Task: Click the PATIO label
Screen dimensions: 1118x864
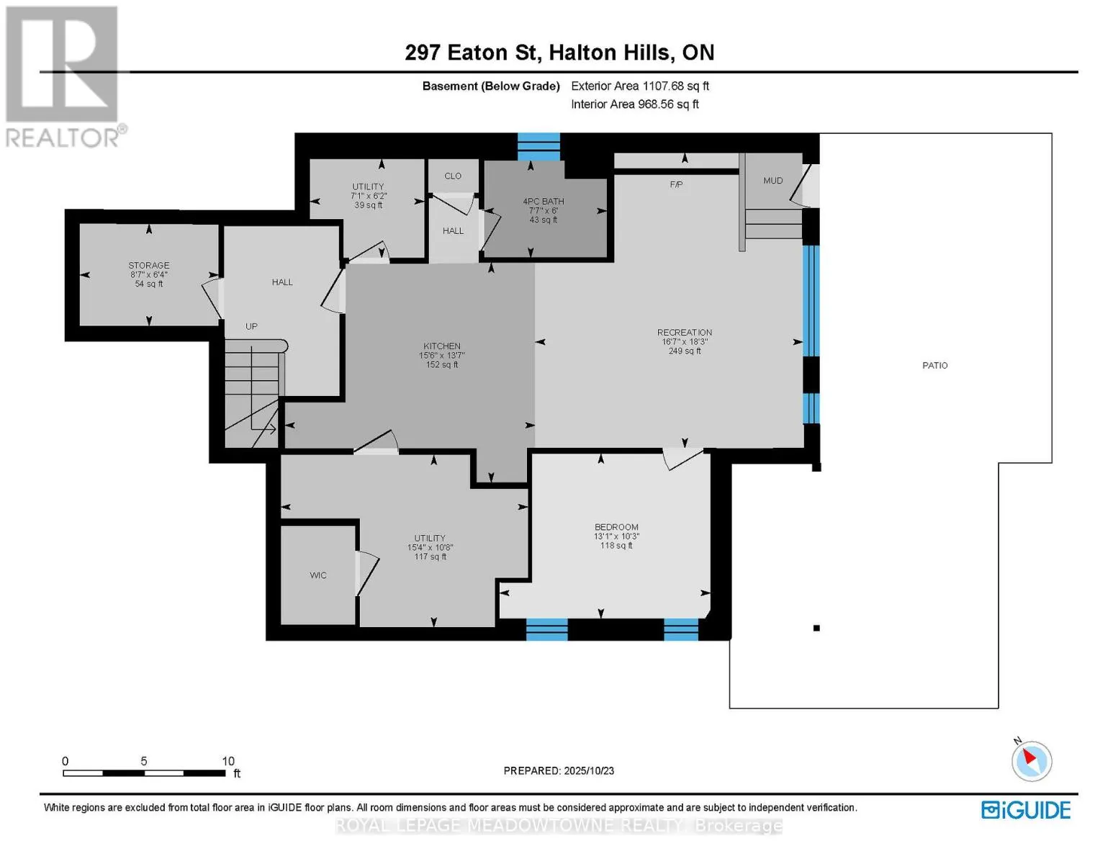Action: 934,365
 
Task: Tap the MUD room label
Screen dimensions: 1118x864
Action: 772,181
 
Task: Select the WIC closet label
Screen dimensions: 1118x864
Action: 318,575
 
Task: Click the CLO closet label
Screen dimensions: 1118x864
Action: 453,176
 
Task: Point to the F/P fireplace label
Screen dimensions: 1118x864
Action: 676,184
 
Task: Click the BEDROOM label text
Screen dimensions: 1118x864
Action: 616,527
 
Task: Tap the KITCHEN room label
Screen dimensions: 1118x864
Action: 442,346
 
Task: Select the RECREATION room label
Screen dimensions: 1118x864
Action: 685,333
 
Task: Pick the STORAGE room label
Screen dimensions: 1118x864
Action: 149,266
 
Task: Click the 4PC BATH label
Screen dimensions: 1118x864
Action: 544,201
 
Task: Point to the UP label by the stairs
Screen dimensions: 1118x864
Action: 251,326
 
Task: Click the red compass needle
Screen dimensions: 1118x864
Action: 1029,757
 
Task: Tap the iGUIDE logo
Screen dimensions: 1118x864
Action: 1025,810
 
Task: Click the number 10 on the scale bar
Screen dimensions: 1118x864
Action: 228,761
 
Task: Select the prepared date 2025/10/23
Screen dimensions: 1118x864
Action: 589,771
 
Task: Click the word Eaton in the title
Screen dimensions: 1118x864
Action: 477,53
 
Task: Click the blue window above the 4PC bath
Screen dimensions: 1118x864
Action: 538,147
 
